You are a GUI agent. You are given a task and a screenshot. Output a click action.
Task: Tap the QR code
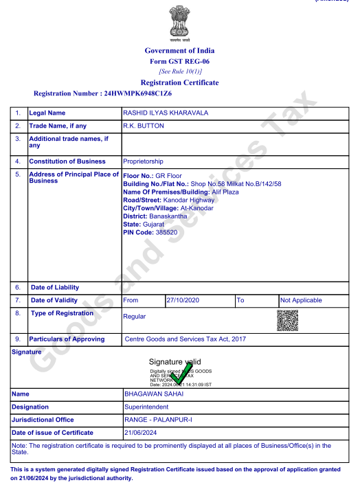(x=287, y=321)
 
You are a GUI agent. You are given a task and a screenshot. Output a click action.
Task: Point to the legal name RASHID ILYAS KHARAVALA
(x=165, y=113)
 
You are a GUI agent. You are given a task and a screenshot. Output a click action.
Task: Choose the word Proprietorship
(x=143, y=161)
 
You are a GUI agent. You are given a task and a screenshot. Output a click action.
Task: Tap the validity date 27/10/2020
(x=182, y=300)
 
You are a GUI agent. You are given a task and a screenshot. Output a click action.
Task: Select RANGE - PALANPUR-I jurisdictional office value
(x=159, y=420)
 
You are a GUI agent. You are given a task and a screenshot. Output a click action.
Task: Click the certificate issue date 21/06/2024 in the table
(x=142, y=432)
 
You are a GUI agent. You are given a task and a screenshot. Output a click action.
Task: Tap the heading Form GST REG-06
(x=179, y=61)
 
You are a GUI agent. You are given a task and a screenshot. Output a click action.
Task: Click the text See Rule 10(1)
(x=179, y=71)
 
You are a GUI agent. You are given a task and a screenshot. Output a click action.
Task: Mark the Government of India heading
(x=179, y=50)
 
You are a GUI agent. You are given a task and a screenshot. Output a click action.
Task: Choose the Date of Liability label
(x=55, y=287)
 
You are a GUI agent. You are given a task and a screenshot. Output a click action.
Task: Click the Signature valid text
(x=175, y=362)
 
